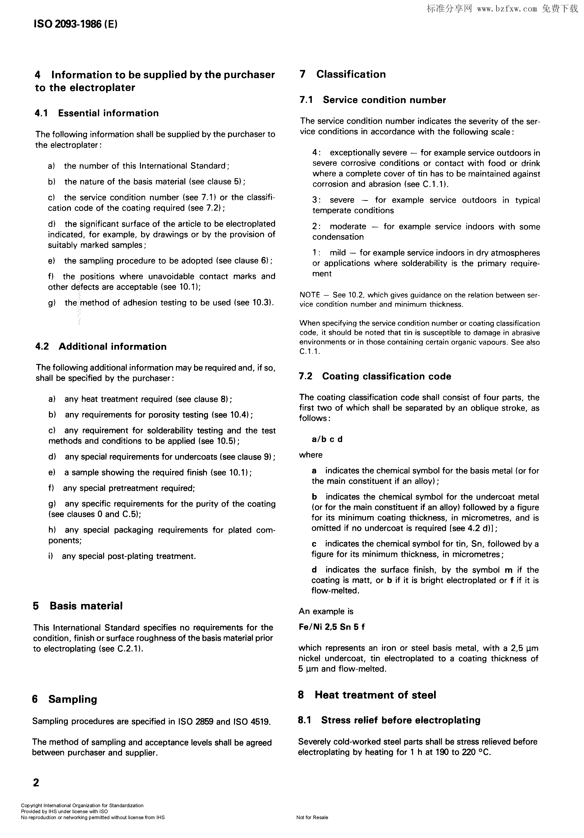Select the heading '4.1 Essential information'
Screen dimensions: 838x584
[x=97, y=113]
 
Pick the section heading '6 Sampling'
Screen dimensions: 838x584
[x=65, y=699]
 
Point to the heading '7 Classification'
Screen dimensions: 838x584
[x=342, y=75]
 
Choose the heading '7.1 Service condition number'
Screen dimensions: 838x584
[x=373, y=100]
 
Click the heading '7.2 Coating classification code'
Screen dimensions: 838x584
[x=375, y=376]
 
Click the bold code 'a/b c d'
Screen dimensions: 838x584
[x=327, y=439]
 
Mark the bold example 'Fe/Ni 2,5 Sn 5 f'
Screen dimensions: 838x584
[x=331, y=627]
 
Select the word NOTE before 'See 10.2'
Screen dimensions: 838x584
[x=309, y=295]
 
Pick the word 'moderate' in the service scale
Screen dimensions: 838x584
[x=348, y=227]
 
